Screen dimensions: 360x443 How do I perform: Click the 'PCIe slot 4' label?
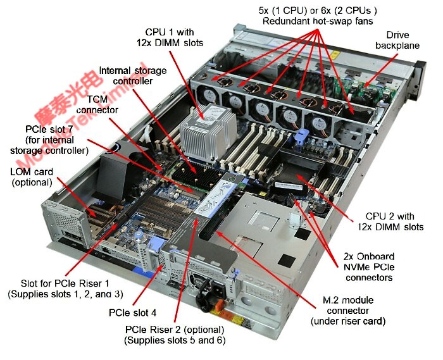[x=132, y=313]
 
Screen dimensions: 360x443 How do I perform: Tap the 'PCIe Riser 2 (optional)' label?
[x=174, y=335]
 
